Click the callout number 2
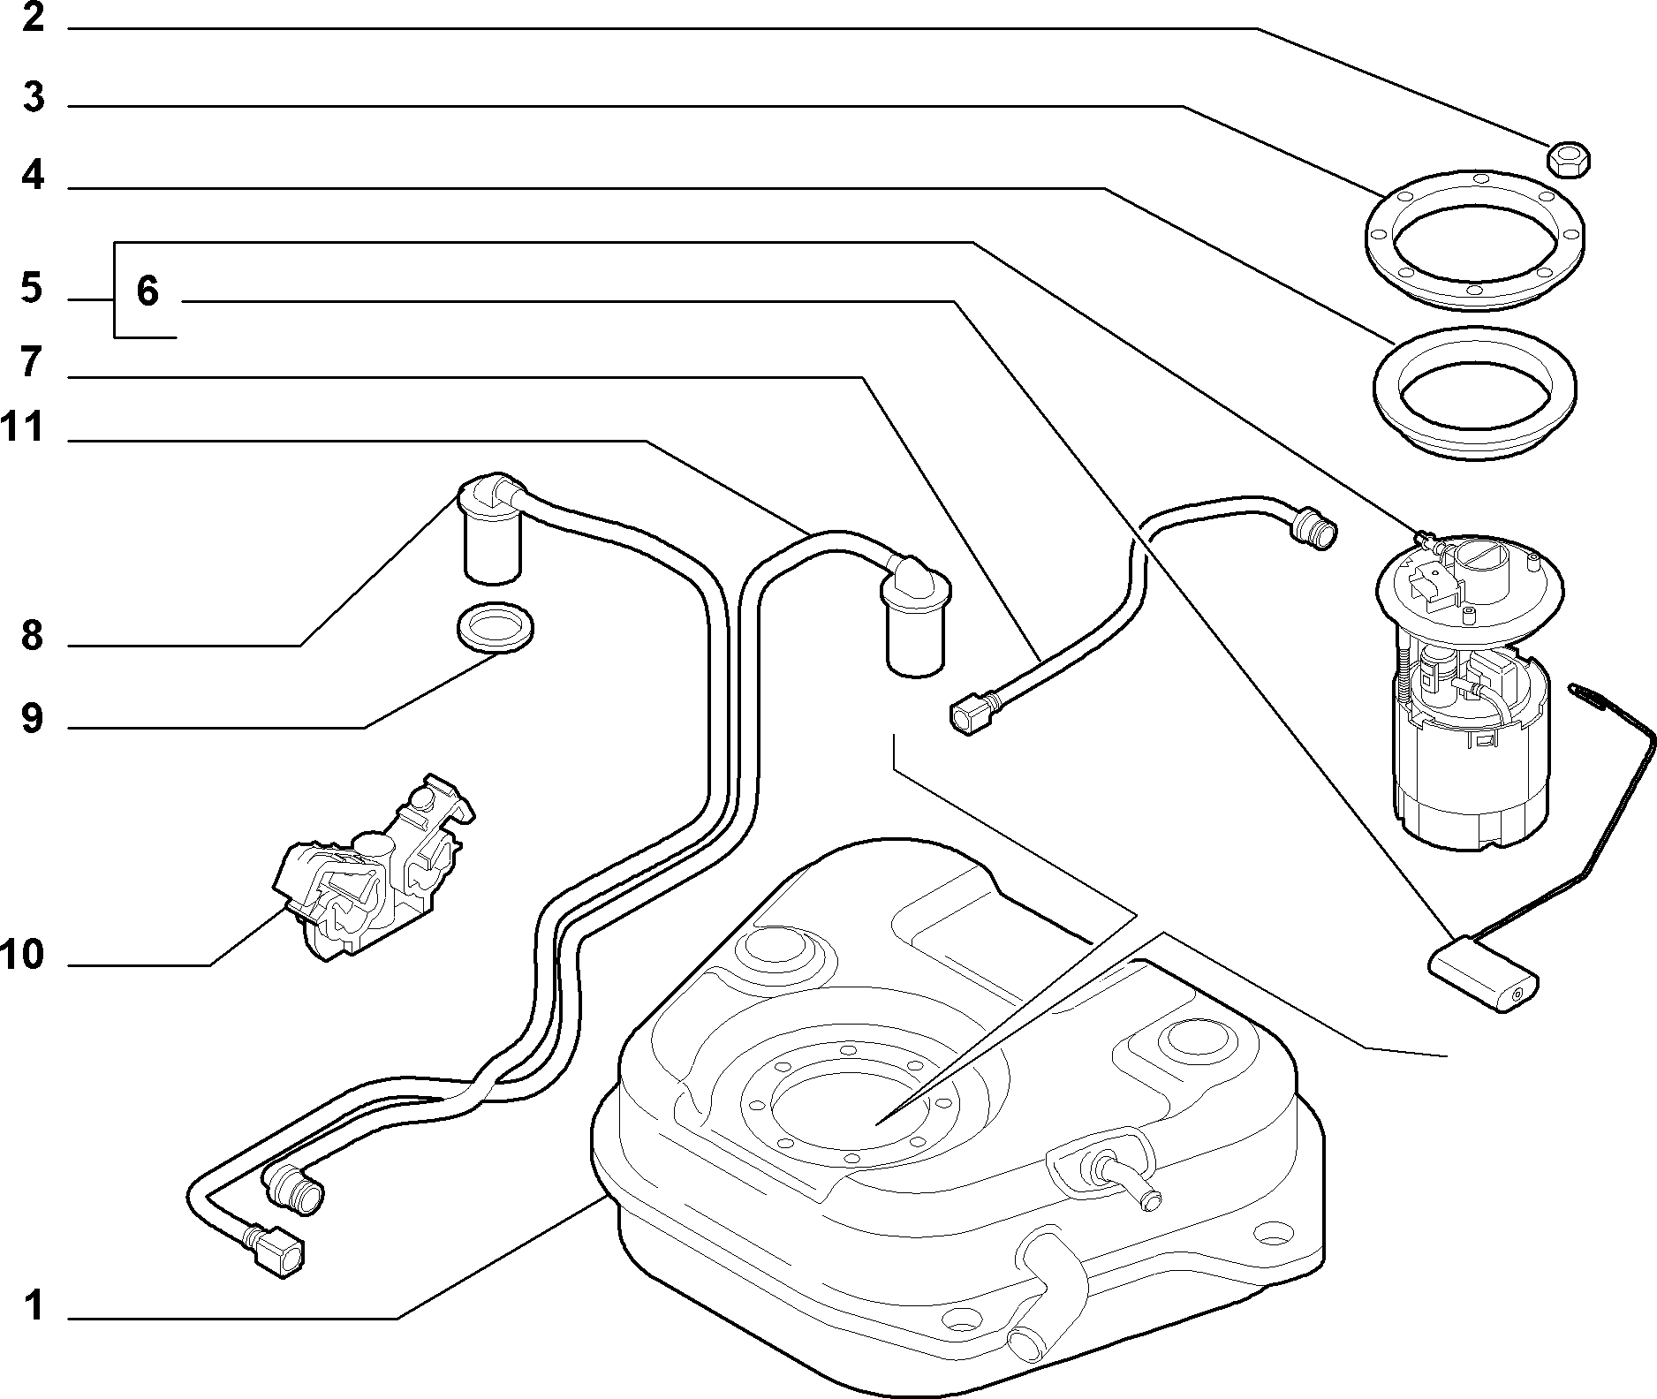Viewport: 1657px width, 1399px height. point(33,18)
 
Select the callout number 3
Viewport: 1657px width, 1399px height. point(33,97)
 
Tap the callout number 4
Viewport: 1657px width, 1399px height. point(33,176)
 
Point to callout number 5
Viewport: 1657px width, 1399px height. point(32,289)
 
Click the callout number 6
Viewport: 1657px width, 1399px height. point(148,291)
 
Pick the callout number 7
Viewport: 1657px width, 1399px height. point(32,362)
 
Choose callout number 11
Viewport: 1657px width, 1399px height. point(22,427)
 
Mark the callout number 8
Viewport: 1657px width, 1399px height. point(32,635)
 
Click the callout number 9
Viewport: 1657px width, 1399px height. point(32,718)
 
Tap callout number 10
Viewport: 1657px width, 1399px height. point(22,954)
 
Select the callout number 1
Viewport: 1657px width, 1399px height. point(34,1305)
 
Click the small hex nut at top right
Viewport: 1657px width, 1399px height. point(1569,159)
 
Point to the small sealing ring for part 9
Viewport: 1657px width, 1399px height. point(496,628)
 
